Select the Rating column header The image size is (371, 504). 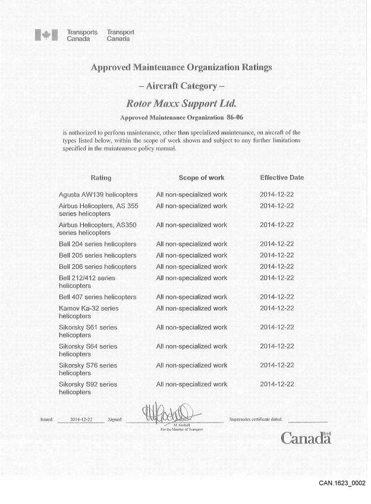tap(100, 178)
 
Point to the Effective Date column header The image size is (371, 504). tap(282, 178)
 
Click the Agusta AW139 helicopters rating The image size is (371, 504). tap(98, 195)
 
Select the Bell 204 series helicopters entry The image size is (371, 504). tap(98, 244)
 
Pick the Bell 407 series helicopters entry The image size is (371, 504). tap(98, 297)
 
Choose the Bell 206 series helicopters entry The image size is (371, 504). tap(98, 267)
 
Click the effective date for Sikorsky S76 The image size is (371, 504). tap(277, 365)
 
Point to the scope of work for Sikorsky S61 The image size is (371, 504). tap(191, 327)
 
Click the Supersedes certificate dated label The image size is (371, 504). tap(256, 420)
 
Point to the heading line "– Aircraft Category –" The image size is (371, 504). tap(181, 86)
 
